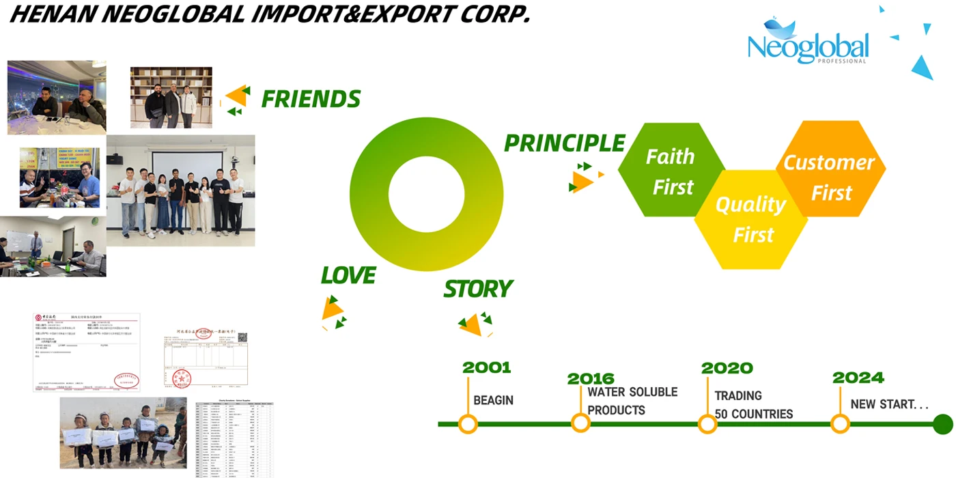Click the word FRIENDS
[x=311, y=100]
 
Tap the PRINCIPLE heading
[x=564, y=143]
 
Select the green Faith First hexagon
[x=670, y=171]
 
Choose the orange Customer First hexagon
[x=830, y=176]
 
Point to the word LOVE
[x=348, y=276]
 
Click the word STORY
[x=478, y=290]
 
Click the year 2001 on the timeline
[x=486, y=367]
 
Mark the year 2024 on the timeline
[x=858, y=378]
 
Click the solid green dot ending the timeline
[x=942, y=424]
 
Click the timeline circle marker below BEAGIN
[x=468, y=424]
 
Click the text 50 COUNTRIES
[x=754, y=414]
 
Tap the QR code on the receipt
[x=242, y=337]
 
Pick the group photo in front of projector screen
[x=181, y=190]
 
